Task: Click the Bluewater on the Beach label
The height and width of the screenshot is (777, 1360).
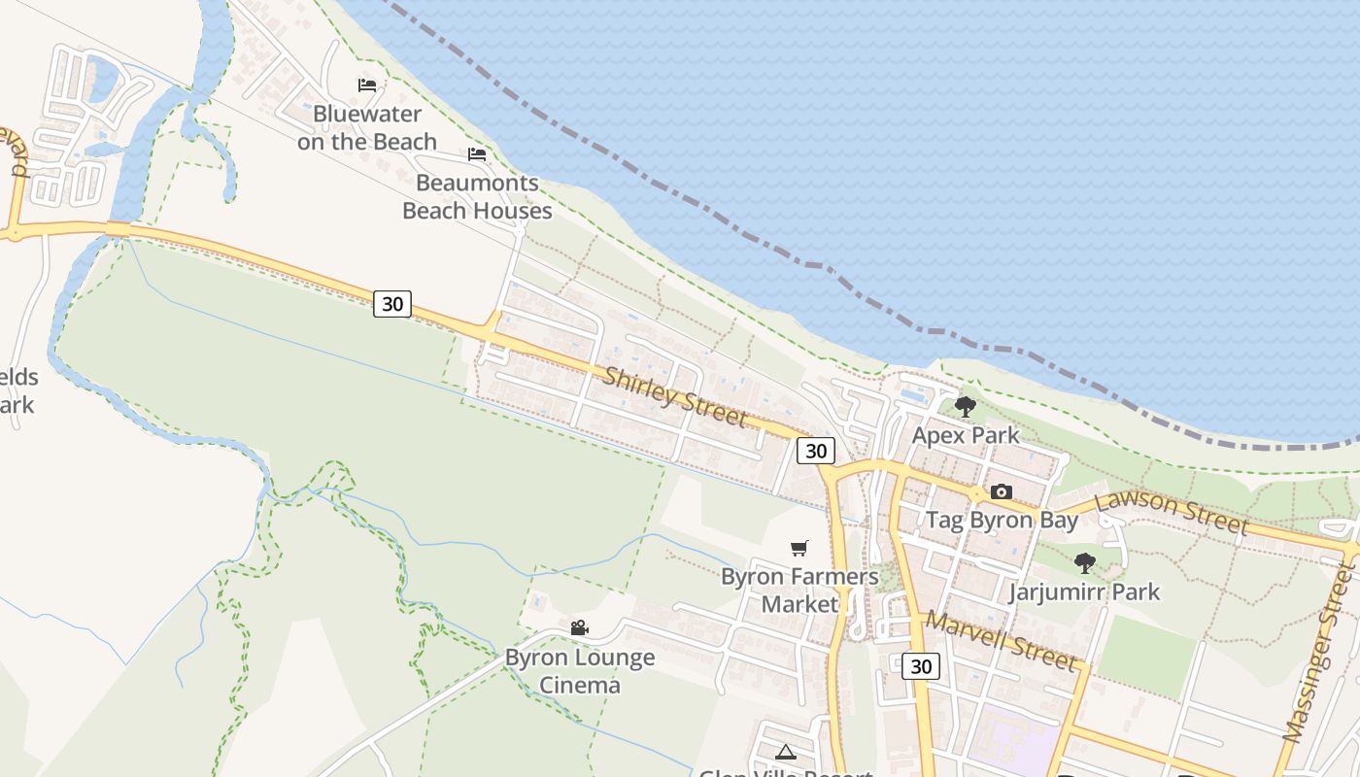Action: coord(367,128)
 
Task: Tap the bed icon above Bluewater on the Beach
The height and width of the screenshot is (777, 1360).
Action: coord(367,85)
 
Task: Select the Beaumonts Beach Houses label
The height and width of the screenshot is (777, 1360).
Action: coord(477,196)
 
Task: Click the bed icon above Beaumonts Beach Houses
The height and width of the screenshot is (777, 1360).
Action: coord(477,154)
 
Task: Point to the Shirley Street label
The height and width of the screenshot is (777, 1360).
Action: coord(675,395)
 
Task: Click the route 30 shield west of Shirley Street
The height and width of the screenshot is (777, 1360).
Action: coord(392,304)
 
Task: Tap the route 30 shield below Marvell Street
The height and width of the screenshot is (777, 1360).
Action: coord(921,666)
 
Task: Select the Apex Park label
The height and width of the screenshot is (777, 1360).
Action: coord(966,435)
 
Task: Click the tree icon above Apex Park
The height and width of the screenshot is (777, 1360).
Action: coord(965,407)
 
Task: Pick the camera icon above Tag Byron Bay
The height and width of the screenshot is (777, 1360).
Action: coord(1002,492)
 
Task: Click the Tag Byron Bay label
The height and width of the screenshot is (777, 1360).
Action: coord(1002,520)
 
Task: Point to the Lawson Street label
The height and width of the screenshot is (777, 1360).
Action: coord(1172,513)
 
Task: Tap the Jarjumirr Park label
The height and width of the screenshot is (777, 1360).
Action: coord(1084,591)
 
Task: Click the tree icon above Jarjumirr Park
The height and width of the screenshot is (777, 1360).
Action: coord(1085,563)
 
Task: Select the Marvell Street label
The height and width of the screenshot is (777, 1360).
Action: coord(1002,641)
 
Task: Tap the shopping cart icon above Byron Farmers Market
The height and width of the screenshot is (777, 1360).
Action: coord(799,549)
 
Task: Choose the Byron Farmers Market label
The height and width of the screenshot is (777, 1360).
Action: coord(799,591)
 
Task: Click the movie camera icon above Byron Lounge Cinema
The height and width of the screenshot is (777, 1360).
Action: coord(580,628)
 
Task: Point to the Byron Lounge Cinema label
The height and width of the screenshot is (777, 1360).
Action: coord(580,671)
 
